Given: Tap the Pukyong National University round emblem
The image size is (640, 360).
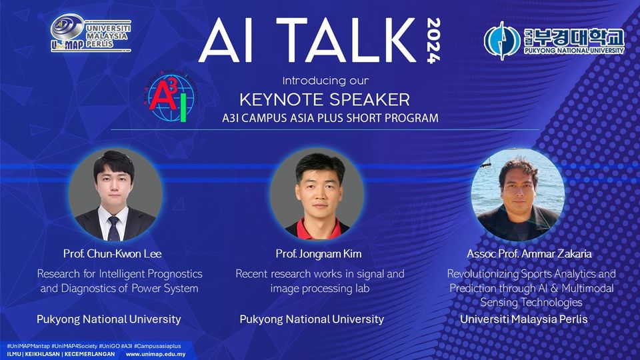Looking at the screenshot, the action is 502,41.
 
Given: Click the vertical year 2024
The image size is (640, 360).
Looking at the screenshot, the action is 433,41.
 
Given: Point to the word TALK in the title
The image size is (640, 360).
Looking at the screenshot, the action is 345,40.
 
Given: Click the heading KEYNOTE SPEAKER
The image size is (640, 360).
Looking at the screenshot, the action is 325,99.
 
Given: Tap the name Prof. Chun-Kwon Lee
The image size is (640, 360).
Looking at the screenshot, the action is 112,254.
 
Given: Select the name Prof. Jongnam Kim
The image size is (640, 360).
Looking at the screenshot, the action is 319,254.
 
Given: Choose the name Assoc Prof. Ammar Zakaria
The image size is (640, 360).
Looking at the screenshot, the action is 529,254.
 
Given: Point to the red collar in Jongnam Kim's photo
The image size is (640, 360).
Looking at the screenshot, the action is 316,229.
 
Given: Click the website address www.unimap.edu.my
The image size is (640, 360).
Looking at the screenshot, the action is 155,354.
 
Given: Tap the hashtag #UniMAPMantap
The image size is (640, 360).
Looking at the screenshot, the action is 28,346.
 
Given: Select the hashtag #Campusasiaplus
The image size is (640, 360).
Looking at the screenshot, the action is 157,346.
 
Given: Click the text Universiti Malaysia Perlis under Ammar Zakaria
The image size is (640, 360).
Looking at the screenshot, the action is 524,319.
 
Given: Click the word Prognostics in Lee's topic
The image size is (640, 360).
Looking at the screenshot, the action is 175,274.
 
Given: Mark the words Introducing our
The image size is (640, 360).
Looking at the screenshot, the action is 325,81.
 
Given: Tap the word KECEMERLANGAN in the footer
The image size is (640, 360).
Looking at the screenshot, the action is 90,354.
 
